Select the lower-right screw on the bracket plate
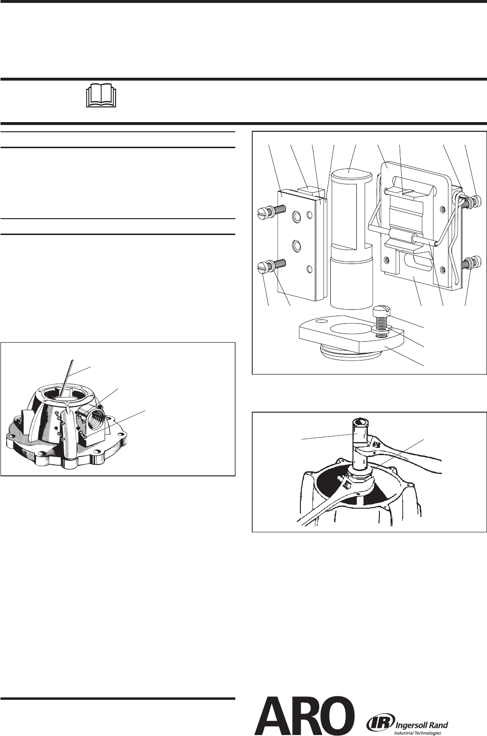coord(472,263)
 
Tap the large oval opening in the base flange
coord(350,328)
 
